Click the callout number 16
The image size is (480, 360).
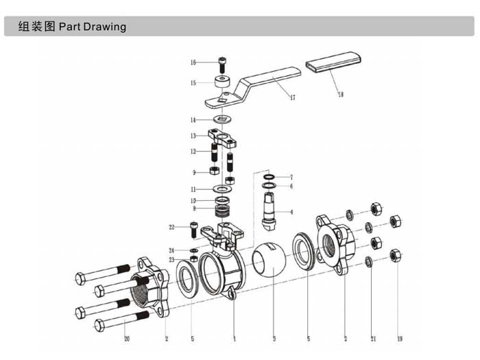click(193, 62)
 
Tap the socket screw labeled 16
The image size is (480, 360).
click(222, 64)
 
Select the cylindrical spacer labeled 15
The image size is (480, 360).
click(222, 81)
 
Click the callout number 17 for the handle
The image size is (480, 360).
click(293, 97)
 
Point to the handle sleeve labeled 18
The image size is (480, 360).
click(333, 62)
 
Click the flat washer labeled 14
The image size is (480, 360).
click(223, 119)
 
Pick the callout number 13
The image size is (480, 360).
click(193, 136)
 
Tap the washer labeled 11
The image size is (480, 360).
click(223, 189)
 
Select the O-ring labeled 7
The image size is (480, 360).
click(269, 177)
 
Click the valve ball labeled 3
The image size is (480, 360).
click(269, 260)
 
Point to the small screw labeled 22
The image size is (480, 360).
click(194, 229)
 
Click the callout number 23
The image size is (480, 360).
click(171, 260)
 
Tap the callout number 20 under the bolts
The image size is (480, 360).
click(127, 339)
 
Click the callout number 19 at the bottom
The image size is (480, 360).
click(400, 339)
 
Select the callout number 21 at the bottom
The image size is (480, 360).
click(374, 339)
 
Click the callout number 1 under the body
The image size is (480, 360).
click(235, 339)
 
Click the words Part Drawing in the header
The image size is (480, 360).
click(93, 27)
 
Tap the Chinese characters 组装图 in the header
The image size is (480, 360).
click(37, 26)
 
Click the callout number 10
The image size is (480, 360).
click(193, 201)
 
